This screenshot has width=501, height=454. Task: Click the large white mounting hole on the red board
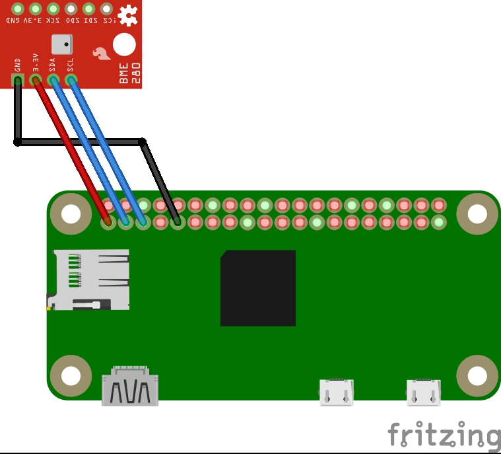click(x=124, y=45)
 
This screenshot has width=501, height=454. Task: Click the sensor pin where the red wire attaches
click(x=36, y=80)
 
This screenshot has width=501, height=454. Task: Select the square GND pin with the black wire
click(x=18, y=80)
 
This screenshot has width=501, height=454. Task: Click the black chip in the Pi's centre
click(x=257, y=288)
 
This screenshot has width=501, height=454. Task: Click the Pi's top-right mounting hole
click(x=477, y=213)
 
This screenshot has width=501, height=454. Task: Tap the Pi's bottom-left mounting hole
click(x=70, y=375)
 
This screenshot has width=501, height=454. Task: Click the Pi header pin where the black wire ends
click(x=177, y=223)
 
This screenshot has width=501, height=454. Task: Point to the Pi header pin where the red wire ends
click(x=108, y=223)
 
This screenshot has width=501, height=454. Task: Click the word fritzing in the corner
click(x=444, y=435)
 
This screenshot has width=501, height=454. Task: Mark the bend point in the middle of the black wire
click(x=142, y=141)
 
